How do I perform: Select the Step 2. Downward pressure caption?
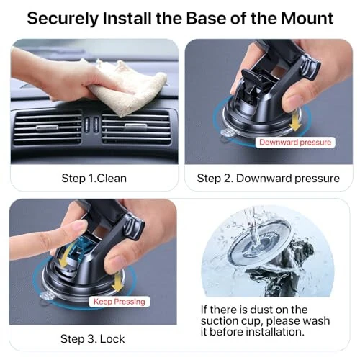click(x=268, y=178)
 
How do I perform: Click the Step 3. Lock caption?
click(x=92, y=338)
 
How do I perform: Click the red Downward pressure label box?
click(x=296, y=143)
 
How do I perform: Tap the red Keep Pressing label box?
click(x=120, y=302)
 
